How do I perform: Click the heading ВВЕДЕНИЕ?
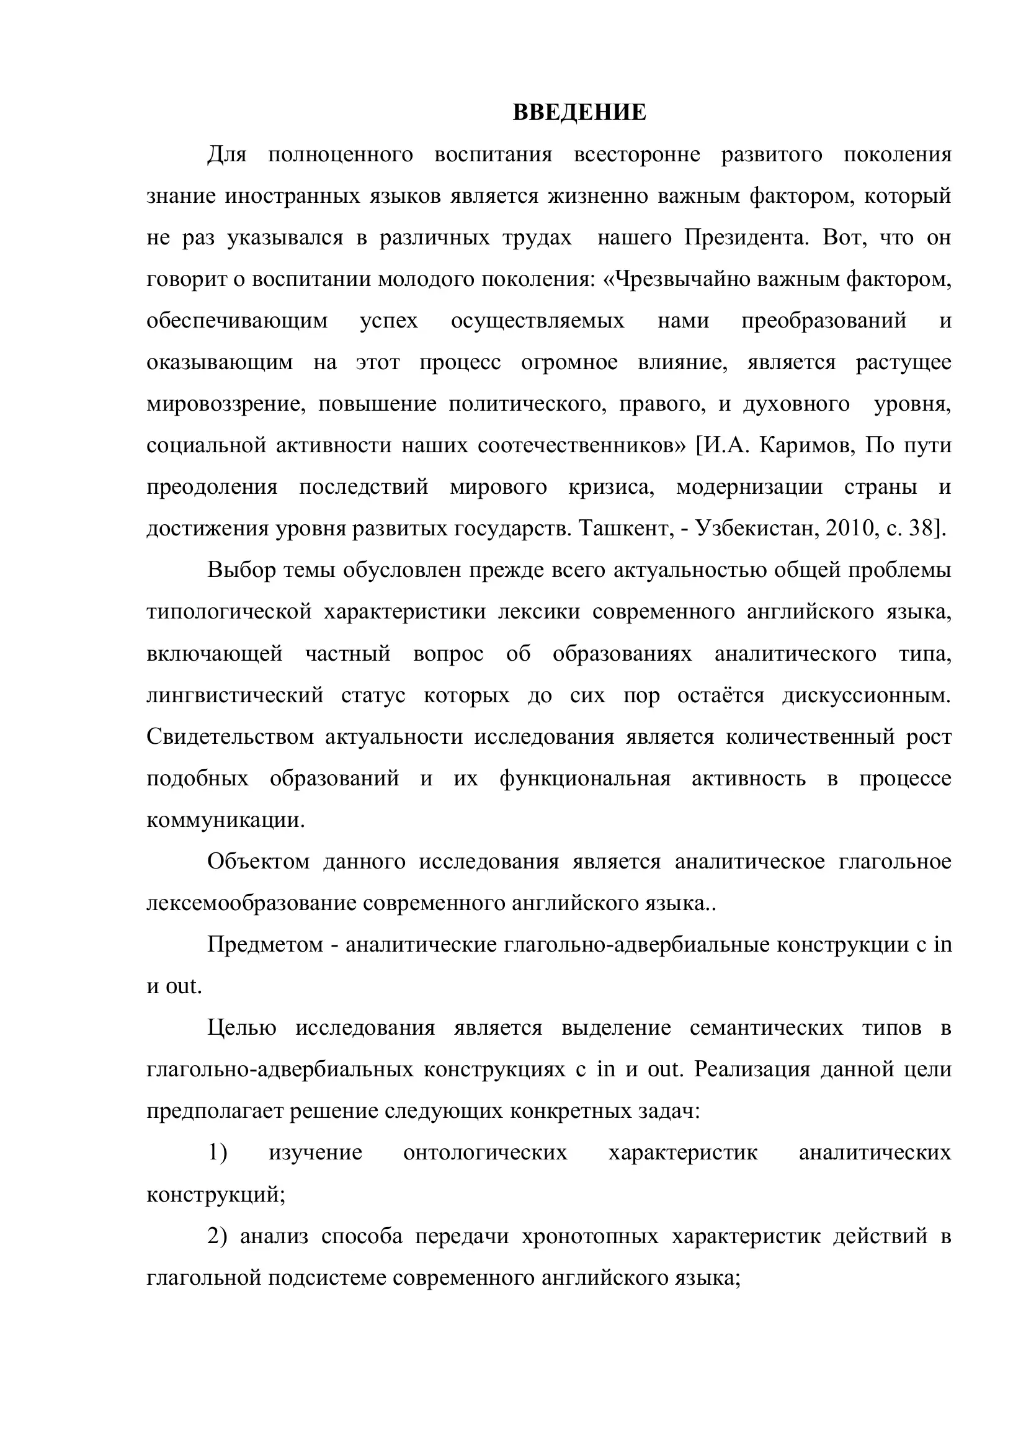(x=579, y=112)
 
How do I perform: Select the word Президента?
(x=746, y=238)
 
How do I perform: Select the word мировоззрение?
(x=226, y=404)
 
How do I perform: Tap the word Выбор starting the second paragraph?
(x=242, y=570)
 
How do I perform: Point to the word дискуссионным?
(x=866, y=695)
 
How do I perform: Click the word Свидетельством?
(x=230, y=737)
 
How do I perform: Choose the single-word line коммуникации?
(x=226, y=820)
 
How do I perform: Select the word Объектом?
(x=259, y=862)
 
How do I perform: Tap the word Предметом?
(x=265, y=945)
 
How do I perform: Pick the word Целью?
(x=242, y=1029)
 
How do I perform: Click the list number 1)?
(x=217, y=1153)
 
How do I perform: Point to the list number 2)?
(x=217, y=1236)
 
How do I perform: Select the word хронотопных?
(x=590, y=1236)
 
